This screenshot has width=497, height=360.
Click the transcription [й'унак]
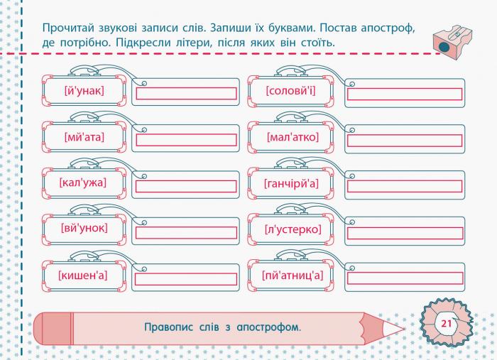(84, 91)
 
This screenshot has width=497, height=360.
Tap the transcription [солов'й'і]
(290, 91)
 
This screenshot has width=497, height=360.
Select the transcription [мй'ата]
(84, 137)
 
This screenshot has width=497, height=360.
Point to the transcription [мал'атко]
(293, 137)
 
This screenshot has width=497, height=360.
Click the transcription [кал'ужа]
(83, 183)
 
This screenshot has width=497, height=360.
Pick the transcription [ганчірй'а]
(291, 183)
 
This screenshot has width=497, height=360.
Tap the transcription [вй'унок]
(84, 228)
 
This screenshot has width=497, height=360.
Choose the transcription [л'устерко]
(293, 229)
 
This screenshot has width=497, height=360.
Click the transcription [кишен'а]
(83, 275)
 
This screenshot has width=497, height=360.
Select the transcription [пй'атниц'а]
(293, 275)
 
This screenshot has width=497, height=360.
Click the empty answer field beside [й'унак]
(186, 94)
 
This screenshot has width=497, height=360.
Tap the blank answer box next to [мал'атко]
(405, 141)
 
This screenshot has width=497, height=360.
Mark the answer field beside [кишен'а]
(186, 279)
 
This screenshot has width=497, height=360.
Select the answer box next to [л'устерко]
(405, 233)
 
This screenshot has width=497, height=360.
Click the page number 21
(447, 324)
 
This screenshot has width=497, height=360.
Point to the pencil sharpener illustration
(453, 43)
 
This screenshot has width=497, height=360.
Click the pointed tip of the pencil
(404, 329)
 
